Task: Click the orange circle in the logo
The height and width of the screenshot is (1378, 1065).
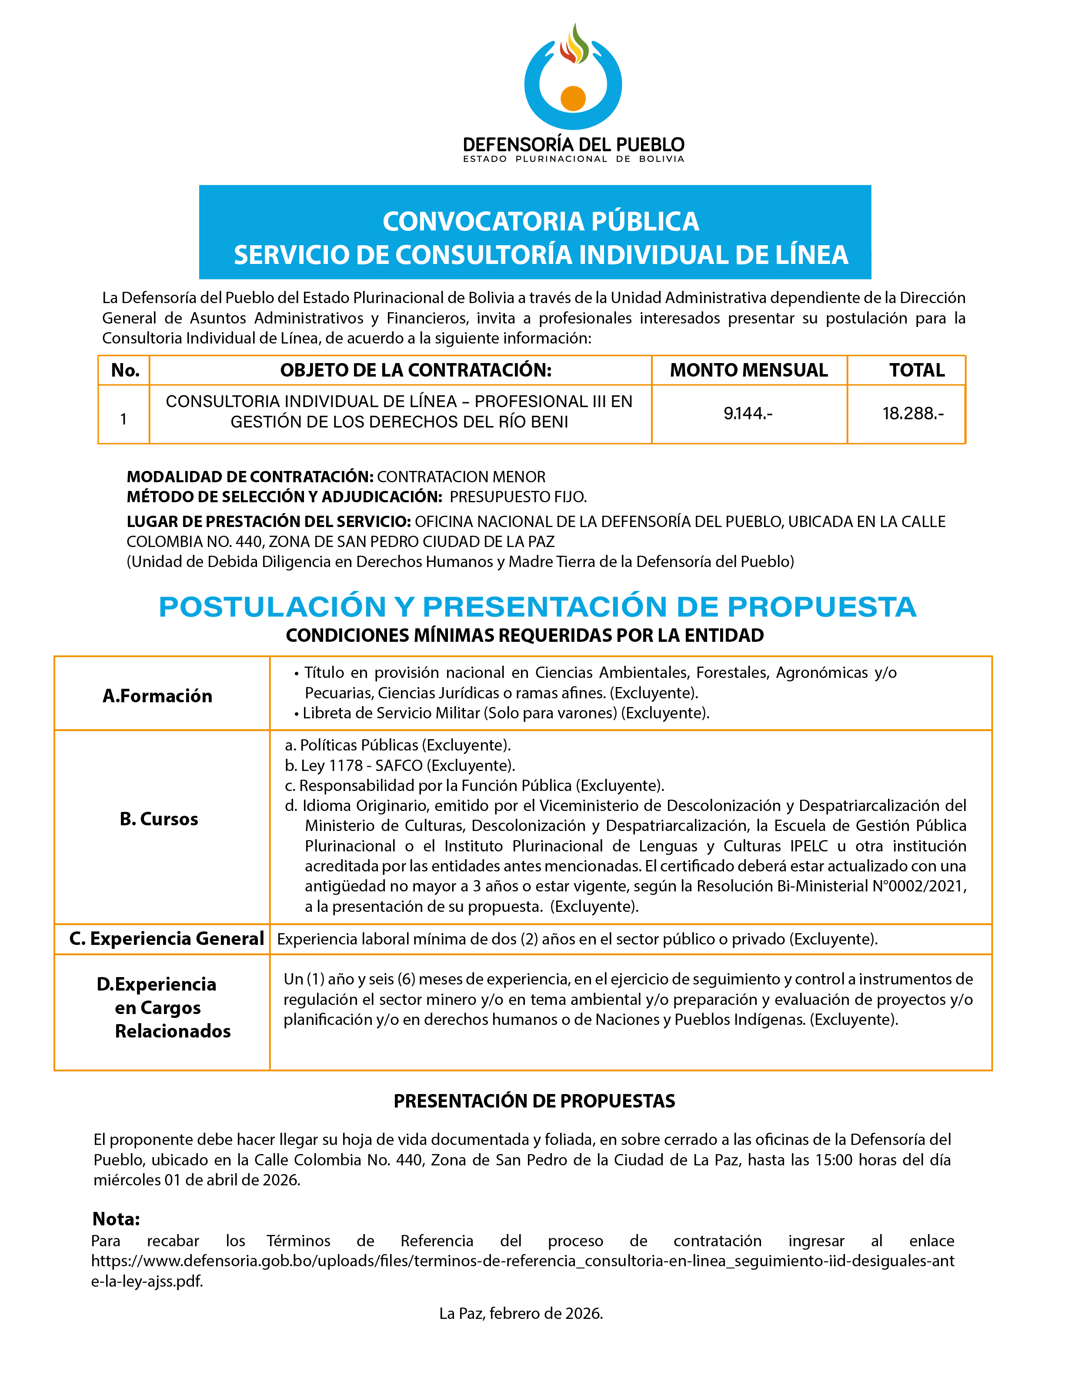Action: point(573,98)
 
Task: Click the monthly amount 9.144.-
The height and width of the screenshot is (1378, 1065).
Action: point(748,413)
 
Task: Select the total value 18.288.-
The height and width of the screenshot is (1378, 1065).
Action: point(913,413)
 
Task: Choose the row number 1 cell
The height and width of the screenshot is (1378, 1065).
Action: point(124,419)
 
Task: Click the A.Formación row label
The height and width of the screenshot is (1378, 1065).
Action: point(158,695)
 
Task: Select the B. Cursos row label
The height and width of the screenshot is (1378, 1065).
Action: point(159,818)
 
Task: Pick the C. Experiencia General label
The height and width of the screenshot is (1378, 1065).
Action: point(167,938)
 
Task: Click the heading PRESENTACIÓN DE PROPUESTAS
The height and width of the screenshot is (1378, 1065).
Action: point(534,1101)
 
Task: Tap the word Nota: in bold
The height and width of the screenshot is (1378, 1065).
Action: point(116,1218)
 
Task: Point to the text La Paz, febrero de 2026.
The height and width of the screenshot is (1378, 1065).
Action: point(521,1313)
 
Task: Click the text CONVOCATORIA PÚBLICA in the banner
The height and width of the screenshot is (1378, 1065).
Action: point(541,221)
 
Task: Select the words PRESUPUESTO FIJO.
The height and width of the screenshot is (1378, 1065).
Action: point(518,497)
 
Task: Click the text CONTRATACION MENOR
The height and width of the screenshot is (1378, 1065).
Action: point(461,477)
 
